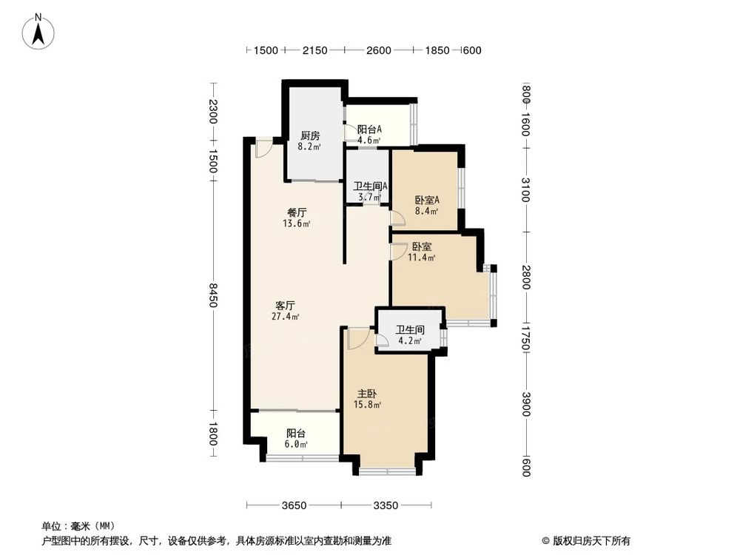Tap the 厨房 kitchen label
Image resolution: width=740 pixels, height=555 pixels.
point(309,135)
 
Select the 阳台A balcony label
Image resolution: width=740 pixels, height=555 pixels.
point(369,129)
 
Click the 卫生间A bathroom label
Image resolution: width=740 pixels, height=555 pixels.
point(370,186)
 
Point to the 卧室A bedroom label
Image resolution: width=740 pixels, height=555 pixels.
point(427,200)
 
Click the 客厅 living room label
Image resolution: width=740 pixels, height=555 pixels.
point(285,305)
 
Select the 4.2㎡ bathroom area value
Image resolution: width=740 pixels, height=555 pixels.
point(410,342)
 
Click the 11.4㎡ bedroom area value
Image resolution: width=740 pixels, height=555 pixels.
point(421,258)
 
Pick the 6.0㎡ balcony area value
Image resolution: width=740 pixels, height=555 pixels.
point(296,445)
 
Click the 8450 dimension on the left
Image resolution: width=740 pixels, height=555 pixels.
point(213,295)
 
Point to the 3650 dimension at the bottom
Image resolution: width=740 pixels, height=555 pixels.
point(293,506)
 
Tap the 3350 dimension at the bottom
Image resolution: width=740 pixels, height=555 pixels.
point(386,506)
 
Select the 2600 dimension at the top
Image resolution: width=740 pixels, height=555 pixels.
point(378,50)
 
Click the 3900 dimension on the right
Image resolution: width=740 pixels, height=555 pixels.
point(526,404)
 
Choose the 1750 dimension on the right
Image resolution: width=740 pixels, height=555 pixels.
point(526,337)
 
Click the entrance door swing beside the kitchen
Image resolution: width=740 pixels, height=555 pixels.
point(262,149)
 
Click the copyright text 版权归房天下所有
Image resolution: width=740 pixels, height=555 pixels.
point(589,540)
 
